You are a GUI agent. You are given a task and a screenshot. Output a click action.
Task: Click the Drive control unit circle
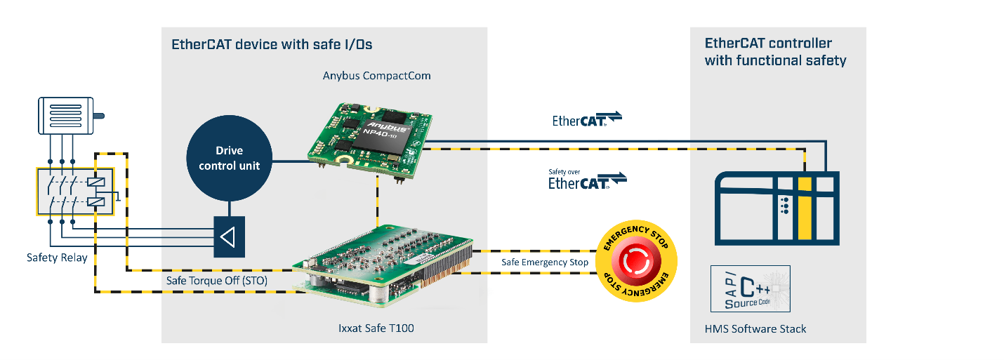click(229, 158)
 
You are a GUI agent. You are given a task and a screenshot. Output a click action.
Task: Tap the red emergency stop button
click(636, 261)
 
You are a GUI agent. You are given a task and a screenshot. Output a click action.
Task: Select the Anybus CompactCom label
click(376, 76)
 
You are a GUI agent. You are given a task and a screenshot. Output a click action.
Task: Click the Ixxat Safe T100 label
click(376, 328)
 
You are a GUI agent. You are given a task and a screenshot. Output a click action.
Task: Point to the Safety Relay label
click(57, 258)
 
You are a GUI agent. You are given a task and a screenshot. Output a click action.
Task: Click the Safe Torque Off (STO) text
click(217, 281)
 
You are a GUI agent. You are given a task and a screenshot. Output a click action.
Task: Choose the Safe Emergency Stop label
click(545, 262)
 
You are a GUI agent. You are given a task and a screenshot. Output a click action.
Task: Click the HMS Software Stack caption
click(755, 329)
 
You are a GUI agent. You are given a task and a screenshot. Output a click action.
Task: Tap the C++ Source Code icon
click(751, 289)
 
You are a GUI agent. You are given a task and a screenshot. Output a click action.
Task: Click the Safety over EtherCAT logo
click(587, 180)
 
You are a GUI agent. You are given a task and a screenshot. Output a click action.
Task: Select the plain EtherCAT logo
click(587, 119)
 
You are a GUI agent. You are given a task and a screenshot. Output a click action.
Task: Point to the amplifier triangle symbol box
click(229, 237)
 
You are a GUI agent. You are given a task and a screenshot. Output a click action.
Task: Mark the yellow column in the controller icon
click(805, 208)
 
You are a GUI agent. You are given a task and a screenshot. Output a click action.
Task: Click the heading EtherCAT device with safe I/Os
click(272, 44)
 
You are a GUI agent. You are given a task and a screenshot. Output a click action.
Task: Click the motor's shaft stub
click(99, 116)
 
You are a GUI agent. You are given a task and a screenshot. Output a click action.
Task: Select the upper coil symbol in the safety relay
click(96, 182)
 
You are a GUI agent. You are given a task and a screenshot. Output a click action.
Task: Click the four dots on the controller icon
click(785, 205)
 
